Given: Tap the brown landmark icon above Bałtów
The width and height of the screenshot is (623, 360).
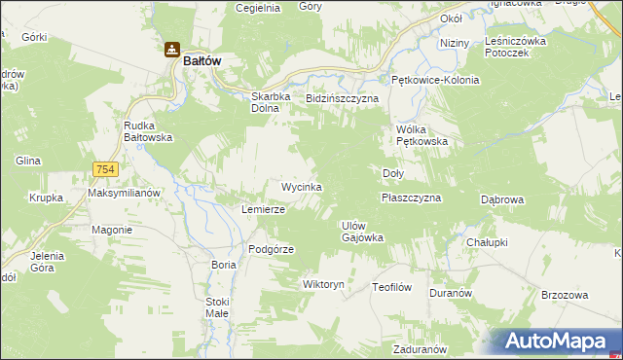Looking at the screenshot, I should click(171, 50).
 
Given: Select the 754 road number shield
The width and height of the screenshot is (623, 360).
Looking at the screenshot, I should click(106, 169).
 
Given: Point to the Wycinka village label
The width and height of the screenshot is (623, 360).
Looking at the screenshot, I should click(301, 186).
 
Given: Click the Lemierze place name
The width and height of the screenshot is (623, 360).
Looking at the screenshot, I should click(263, 209).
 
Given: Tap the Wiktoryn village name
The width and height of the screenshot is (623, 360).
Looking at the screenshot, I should click(324, 285).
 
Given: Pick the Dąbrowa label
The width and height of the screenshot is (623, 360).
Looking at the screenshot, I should click(503, 199).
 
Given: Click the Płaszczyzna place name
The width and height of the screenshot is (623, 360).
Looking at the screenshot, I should click(412, 198).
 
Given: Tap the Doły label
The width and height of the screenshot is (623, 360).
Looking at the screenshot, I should click(392, 173).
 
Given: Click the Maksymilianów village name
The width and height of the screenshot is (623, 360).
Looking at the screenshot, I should click(124, 193).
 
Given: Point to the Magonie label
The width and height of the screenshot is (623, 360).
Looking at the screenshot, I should click(112, 230).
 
